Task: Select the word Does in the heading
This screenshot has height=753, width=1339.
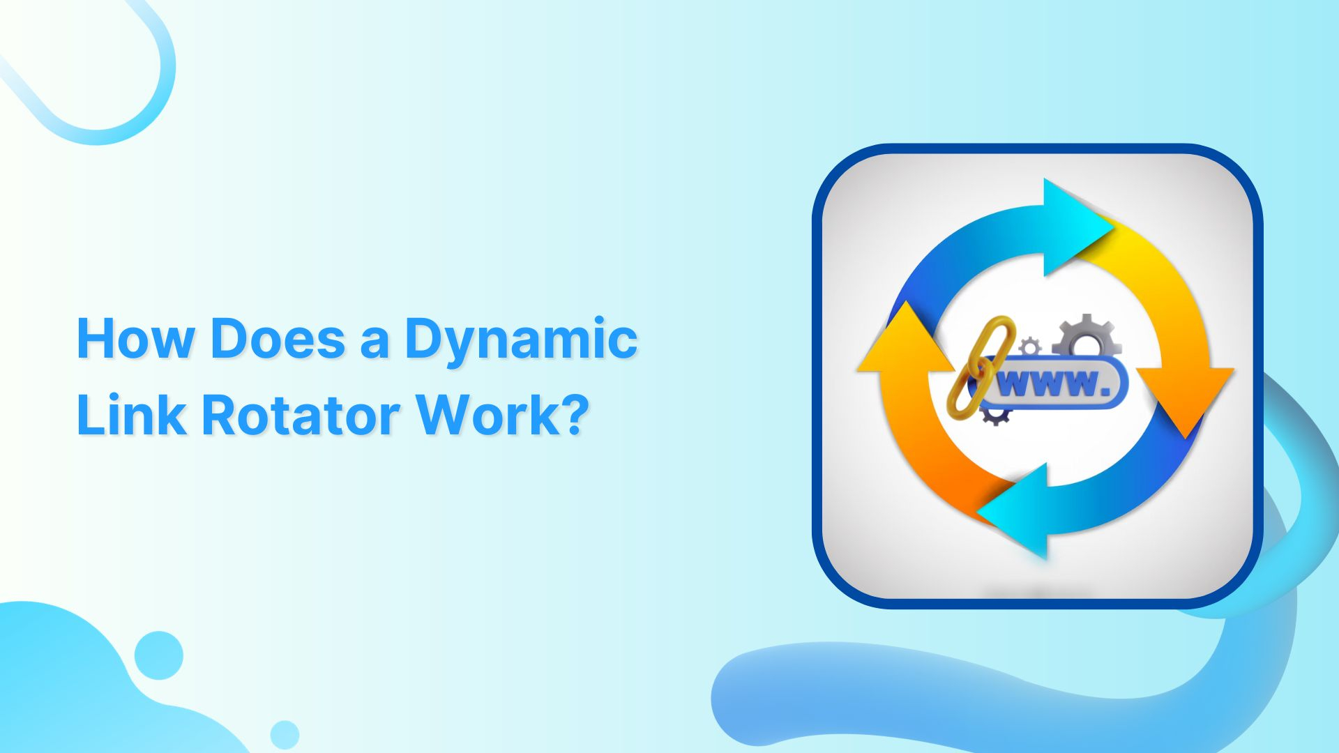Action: coord(278,339)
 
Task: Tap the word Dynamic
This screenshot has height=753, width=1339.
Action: coord(521,339)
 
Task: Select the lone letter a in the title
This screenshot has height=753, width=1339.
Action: coord(375,342)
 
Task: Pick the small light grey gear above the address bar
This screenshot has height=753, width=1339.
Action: coord(1029,347)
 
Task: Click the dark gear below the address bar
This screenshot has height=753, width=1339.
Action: coord(995,416)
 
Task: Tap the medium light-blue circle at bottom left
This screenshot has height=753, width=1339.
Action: coord(159,655)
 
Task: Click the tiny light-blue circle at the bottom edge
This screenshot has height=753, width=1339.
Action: coord(285,734)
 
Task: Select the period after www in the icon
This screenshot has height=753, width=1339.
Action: coord(1103,392)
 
